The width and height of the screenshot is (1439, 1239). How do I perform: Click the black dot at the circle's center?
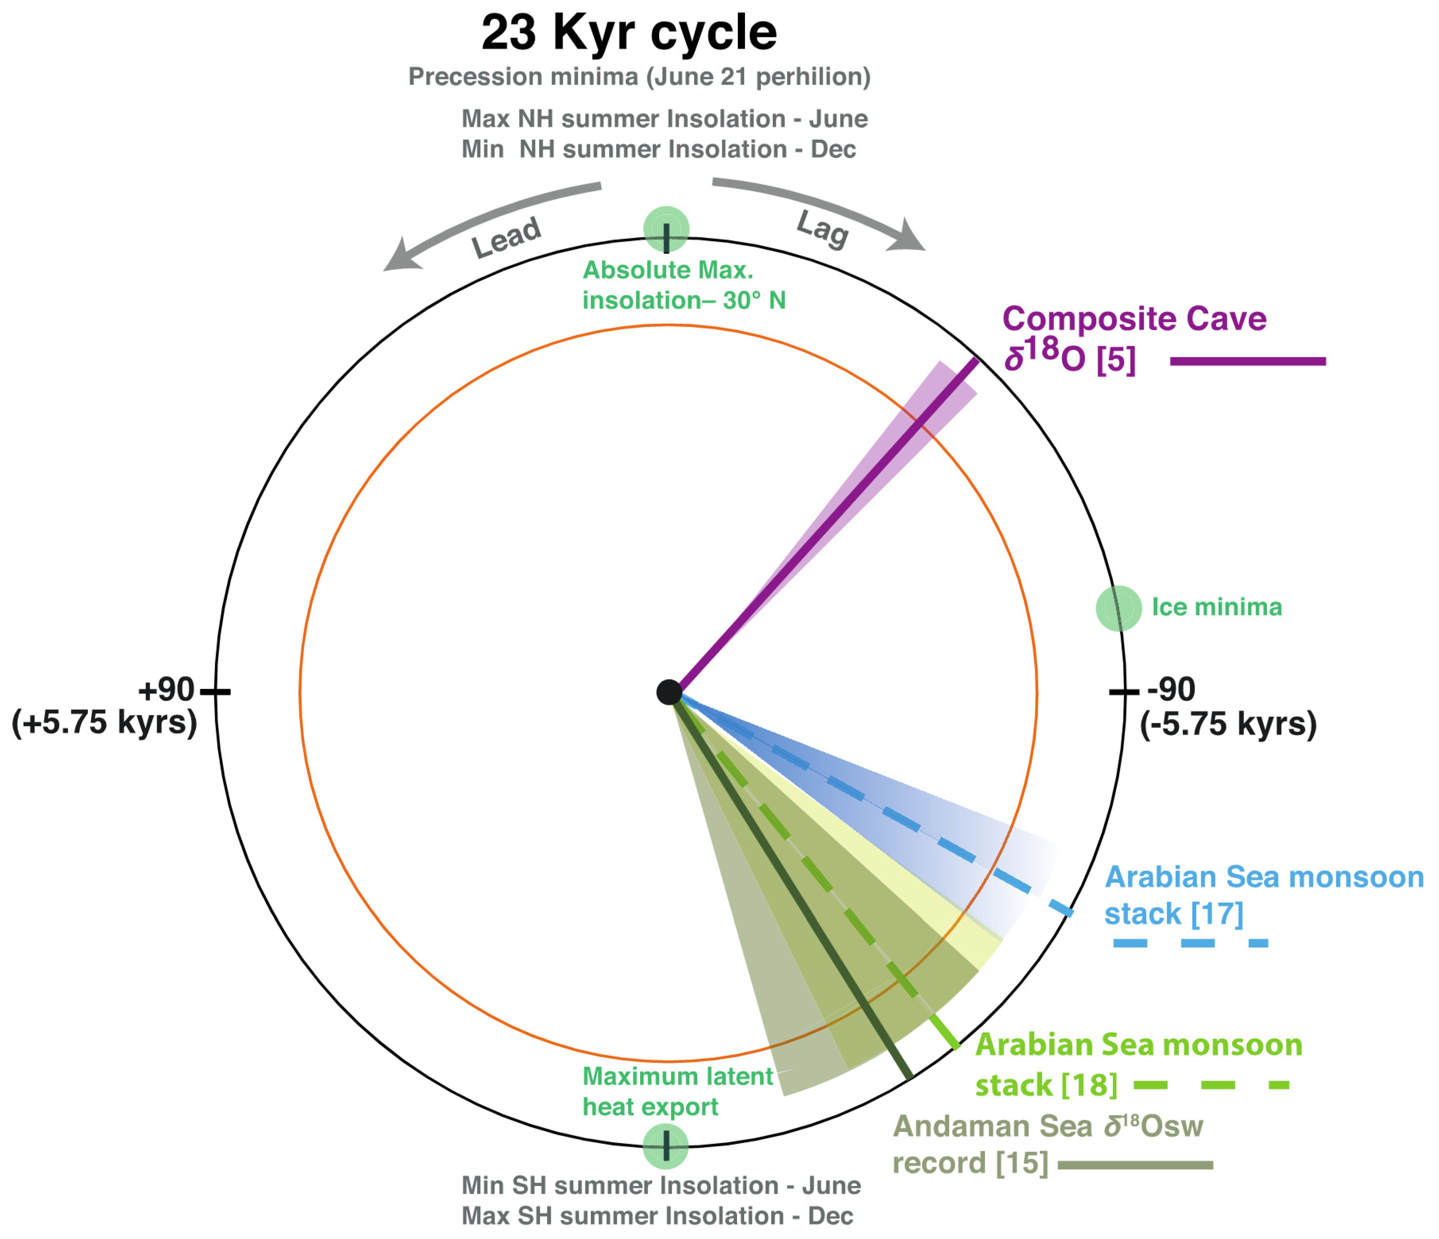(x=669, y=692)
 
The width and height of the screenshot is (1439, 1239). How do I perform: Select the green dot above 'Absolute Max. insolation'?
(x=666, y=229)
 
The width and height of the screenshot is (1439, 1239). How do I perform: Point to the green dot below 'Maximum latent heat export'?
(x=665, y=1147)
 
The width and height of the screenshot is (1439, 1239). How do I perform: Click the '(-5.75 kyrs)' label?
(x=1228, y=724)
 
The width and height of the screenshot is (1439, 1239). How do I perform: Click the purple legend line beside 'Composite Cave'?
(x=1248, y=361)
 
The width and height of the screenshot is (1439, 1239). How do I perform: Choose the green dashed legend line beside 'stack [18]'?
(x=1211, y=1085)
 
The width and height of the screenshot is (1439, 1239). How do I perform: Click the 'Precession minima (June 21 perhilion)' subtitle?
(x=639, y=76)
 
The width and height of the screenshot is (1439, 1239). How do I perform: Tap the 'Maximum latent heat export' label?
(x=677, y=1091)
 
